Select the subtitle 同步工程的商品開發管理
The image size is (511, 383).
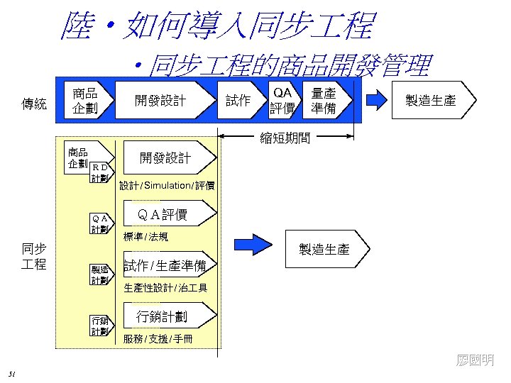coord(282,66)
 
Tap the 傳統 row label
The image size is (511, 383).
coord(34,104)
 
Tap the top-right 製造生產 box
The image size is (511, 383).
coord(429,100)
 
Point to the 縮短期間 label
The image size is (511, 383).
coord(285,138)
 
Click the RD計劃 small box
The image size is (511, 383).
coord(100,172)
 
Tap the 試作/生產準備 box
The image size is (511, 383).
coord(165,266)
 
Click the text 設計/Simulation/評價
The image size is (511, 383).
coord(167,186)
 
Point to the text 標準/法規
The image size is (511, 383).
coord(145,236)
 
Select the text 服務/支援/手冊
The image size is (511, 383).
coord(158,338)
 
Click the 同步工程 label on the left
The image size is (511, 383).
coord(34,256)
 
